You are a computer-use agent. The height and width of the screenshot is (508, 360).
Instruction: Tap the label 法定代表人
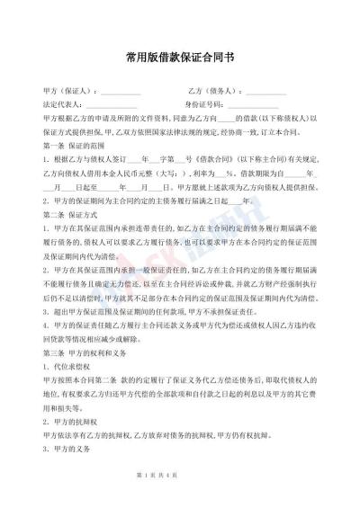pos(63,106)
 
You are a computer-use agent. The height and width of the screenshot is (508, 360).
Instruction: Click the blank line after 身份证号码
pos(265,107)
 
